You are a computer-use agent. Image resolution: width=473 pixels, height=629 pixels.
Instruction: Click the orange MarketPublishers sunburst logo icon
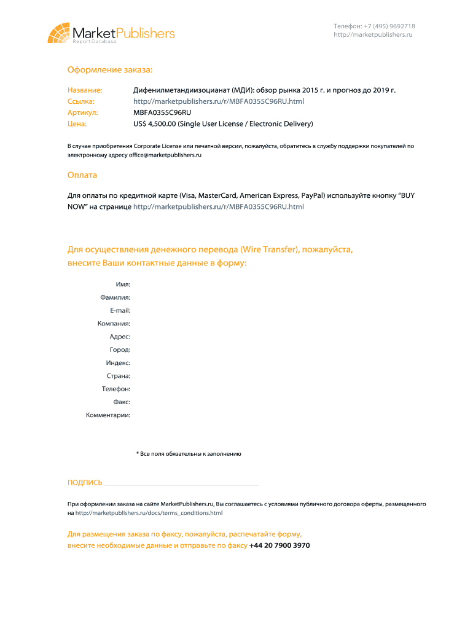pyautogui.click(x=59, y=33)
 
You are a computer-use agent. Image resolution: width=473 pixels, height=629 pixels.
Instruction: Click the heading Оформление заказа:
pyautogui.click(x=110, y=71)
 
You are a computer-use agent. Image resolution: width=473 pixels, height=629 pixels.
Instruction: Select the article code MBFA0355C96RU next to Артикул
pyautogui.click(x=162, y=112)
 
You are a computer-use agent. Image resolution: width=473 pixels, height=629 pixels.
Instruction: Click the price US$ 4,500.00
pyautogui.click(x=155, y=123)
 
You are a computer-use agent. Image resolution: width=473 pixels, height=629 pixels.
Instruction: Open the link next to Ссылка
pyautogui.click(x=219, y=101)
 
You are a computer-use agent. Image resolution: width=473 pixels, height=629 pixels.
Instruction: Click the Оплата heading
pyautogui.click(x=82, y=175)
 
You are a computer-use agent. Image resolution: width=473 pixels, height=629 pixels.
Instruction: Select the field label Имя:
pyautogui.click(x=123, y=284)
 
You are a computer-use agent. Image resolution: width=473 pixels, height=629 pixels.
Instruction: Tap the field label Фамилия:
pyautogui.click(x=115, y=297)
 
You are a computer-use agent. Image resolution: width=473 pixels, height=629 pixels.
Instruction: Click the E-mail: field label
pyautogui.click(x=120, y=310)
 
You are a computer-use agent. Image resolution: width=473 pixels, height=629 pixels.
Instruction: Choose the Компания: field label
pyautogui.click(x=114, y=323)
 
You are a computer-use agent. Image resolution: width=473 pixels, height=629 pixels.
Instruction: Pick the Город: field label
pyautogui.click(x=119, y=350)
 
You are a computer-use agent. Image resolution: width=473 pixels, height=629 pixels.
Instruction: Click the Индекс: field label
pyautogui.click(x=118, y=362)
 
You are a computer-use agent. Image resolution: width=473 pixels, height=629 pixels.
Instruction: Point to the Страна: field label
pyautogui.click(x=118, y=376)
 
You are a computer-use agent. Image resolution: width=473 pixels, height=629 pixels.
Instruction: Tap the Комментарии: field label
pyautogui.click(x=108, y=415)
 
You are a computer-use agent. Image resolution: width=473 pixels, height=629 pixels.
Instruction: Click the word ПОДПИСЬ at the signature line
pyautogui.click(x=85, y=483)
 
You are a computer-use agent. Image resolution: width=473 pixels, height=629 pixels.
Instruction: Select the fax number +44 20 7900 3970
pyautogui.click(x=279, y=545)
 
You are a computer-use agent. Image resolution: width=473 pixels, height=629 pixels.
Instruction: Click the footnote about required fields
pyautogui.click(x=189, y=454)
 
